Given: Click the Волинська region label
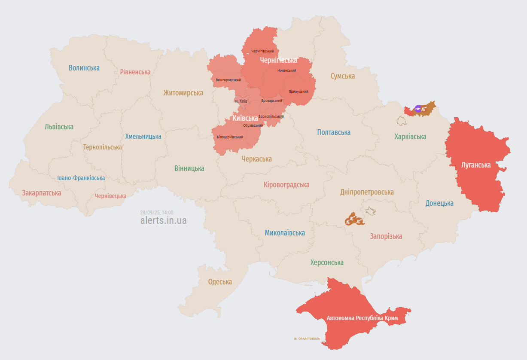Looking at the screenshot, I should (x=84, y=68).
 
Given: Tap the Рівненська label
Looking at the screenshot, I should (x=135, y=72).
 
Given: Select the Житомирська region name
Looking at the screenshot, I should (x=183, y=93).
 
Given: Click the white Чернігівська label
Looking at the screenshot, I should (x=278, y=60).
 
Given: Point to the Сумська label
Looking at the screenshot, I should (x=343, y=76).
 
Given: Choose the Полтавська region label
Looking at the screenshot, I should (x=334, y=132).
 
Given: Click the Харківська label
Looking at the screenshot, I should (x=410, y=137).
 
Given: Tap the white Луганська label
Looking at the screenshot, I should (x=476, y=165).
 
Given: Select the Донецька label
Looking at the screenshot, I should (x=439, y=203).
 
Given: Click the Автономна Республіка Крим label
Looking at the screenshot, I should (x=362, y=318).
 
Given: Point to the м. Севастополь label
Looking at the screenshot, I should (x=307, y=339).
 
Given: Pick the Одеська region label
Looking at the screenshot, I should (x=220, y=282).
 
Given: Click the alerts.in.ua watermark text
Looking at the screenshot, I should (x=163, y=220).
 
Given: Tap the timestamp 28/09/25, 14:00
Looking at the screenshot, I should (x=157, y=212).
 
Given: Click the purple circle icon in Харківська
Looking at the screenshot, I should (x=417, y=109).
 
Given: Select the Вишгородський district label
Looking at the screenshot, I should (x=228, y=80).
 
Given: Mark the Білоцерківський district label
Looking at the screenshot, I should (x=230, y=137).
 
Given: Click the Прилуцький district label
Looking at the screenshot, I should (x=298, y=92).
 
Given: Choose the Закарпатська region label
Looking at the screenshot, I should (x=42, y=193).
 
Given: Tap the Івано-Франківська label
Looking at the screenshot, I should (x=81, y=178).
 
